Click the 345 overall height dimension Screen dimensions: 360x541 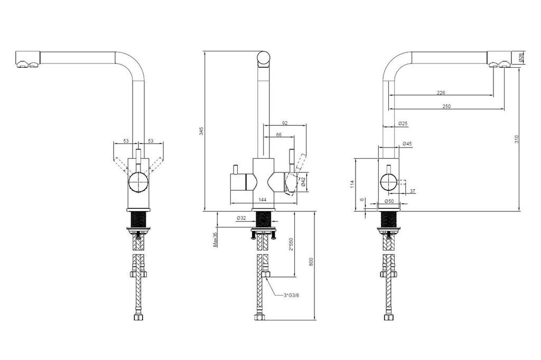(x=201, y=132)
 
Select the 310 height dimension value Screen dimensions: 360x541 (x=517, y=139)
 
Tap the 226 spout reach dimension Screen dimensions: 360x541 (x=441, y=93)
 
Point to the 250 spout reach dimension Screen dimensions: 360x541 (x=446, y=106)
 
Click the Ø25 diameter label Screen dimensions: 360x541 (x=403, y=123)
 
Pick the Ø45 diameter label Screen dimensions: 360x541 (x=407, y=144)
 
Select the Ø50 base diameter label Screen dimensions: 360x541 (x=389, y=201)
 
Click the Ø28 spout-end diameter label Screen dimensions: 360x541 (x=521, y=58)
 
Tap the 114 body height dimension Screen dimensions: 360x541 (x=351, y=183)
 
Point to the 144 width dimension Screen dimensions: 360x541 (x=262, y=200)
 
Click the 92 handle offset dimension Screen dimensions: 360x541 (x=285, y=123)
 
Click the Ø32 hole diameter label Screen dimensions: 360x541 (x=242, y=218)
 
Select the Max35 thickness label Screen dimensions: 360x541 (x=215, y=240)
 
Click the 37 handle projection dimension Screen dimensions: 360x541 (x=412, y=191)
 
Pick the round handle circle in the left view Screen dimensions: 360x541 (x=138, y=183)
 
